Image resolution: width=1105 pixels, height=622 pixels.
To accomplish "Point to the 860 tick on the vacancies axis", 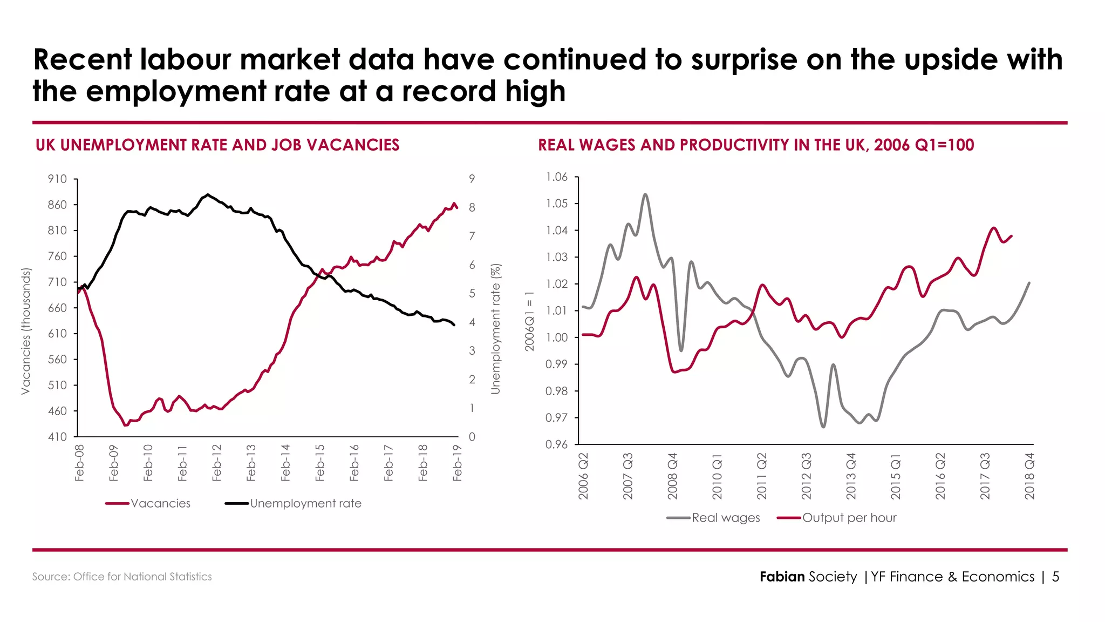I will click(57, 205).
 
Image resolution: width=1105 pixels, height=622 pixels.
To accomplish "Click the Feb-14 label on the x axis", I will click(285, 463).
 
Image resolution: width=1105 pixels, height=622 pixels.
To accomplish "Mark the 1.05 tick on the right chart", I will click(556, 204).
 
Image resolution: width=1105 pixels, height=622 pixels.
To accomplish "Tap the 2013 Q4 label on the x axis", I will click(851, 476).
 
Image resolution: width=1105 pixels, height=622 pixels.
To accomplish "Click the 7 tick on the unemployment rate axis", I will click(472, 236).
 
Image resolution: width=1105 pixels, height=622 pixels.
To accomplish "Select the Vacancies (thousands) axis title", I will click(25, 332).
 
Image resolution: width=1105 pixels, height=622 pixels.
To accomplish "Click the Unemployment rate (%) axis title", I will click(495, 329).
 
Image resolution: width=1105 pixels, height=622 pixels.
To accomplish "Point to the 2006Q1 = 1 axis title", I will click(529, 321).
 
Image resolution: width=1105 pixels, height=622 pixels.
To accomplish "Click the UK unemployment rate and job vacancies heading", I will click(217, 145).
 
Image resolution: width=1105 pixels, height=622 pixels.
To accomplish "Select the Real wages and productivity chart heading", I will click(756, 145).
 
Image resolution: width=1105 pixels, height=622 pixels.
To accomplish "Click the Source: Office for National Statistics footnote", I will click(122, 577).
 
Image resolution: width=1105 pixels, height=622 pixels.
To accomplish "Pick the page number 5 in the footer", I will click(1055, 577).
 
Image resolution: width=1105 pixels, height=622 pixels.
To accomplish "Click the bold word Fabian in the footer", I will click(782, 577).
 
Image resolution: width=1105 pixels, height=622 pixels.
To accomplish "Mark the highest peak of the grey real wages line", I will click(645, 194).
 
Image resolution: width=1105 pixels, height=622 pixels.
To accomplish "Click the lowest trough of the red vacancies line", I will click(126, 425).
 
